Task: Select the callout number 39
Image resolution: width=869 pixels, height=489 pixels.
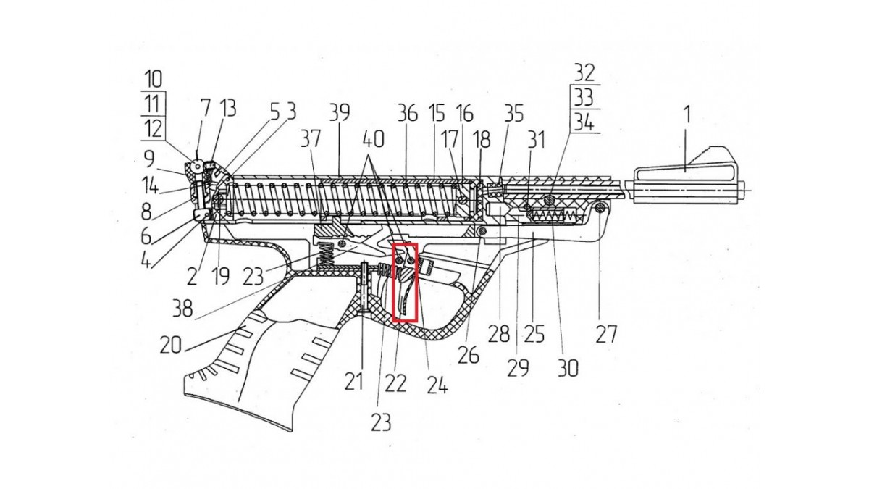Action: click(x=339, y=113)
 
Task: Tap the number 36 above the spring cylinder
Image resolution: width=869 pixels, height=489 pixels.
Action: click(x=408, y=113)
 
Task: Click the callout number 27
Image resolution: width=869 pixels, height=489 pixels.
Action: click(x=606, y=334)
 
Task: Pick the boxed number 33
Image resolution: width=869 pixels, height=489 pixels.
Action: click(x=584, y=97)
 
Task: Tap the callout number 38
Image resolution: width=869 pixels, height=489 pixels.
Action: click(x=182, y=309)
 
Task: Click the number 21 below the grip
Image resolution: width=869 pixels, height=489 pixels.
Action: click(x=353, y=381)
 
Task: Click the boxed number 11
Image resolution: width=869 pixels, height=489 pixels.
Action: click(x=152, y=104)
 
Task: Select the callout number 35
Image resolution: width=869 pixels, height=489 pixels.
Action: click(x=513, y=113)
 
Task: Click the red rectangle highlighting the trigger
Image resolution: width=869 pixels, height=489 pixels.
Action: click(x=405, y=282)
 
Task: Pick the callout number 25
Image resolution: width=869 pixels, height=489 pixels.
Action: click(x=534, y=334)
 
